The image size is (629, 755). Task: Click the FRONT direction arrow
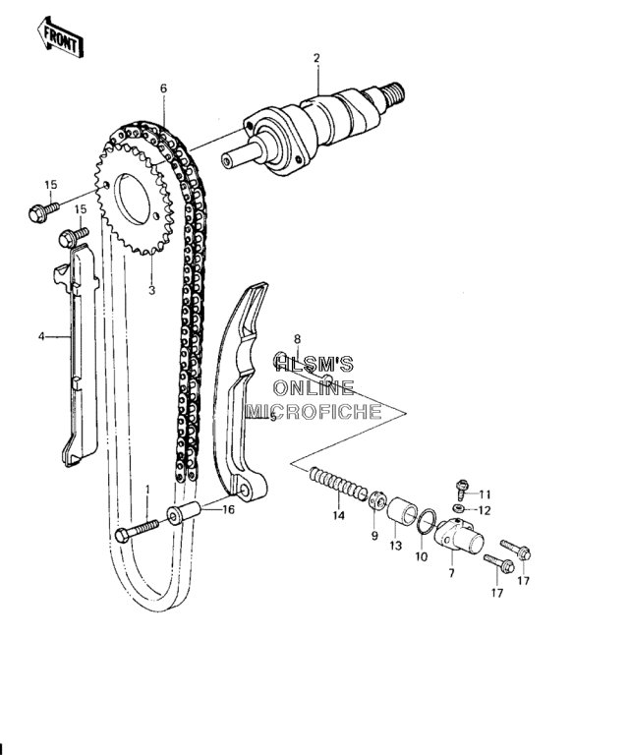pos(61,37)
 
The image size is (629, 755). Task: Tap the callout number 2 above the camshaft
pos(316,58)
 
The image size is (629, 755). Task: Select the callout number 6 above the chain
pos(163,88)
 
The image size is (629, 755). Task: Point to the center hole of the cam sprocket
pos(132,199)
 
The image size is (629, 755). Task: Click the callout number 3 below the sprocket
pos(152,290)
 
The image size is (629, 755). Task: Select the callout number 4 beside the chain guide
pos(41,336)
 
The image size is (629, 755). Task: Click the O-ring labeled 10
pos(427,521)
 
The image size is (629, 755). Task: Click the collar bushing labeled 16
pos(184,513)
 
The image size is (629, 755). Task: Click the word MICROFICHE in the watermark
pos(314,412)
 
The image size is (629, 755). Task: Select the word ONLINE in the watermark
pos(314,387)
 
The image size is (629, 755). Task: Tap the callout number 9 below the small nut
pos(374,536)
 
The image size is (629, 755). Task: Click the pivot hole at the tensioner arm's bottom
pos(245,491)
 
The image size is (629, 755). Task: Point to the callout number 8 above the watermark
pos(297,339)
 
